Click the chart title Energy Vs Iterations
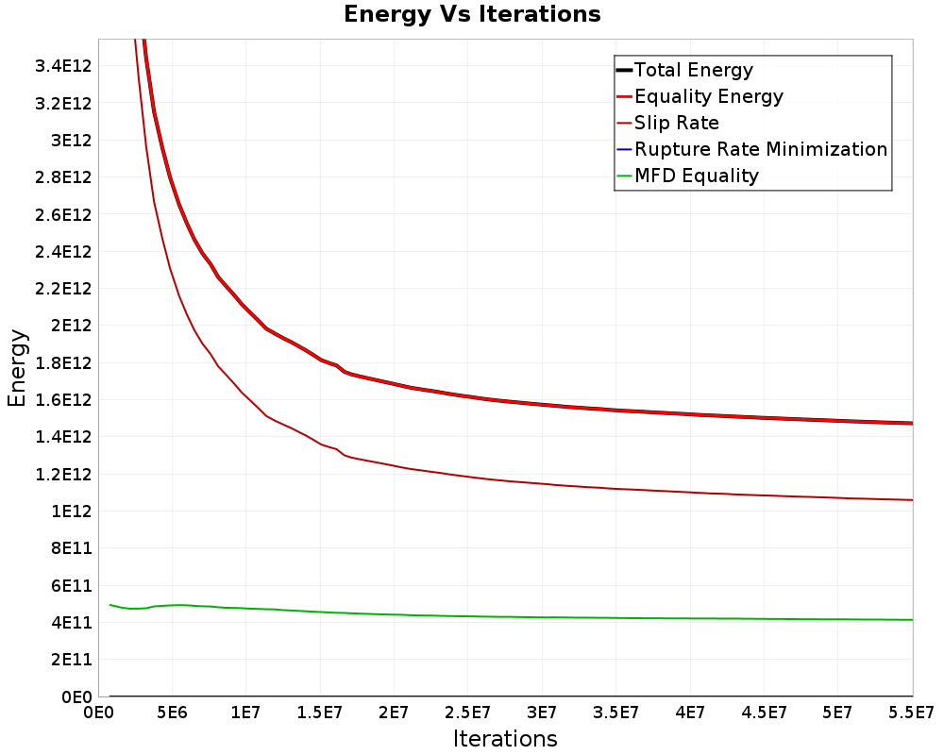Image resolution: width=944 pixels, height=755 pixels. point(472,14)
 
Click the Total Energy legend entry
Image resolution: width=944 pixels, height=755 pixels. point(694,70)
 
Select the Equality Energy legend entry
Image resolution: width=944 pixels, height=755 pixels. point(708,96)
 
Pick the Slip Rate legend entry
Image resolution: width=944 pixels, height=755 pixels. point(676,123)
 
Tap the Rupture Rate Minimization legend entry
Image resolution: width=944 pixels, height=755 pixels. point(761,149)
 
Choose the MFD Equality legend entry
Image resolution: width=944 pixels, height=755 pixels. point(697,176)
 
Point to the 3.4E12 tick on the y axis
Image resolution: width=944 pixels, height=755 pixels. point(63,66)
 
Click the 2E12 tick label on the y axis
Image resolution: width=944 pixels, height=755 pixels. point(72,326)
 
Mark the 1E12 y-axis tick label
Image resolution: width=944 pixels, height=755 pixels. point(72,512)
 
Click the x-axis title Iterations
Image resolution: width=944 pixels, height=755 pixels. point(505,738)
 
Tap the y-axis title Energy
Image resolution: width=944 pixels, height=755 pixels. point(17,367)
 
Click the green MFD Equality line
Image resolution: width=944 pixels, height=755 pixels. point(472,616)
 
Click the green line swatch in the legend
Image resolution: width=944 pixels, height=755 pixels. point(623,176)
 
